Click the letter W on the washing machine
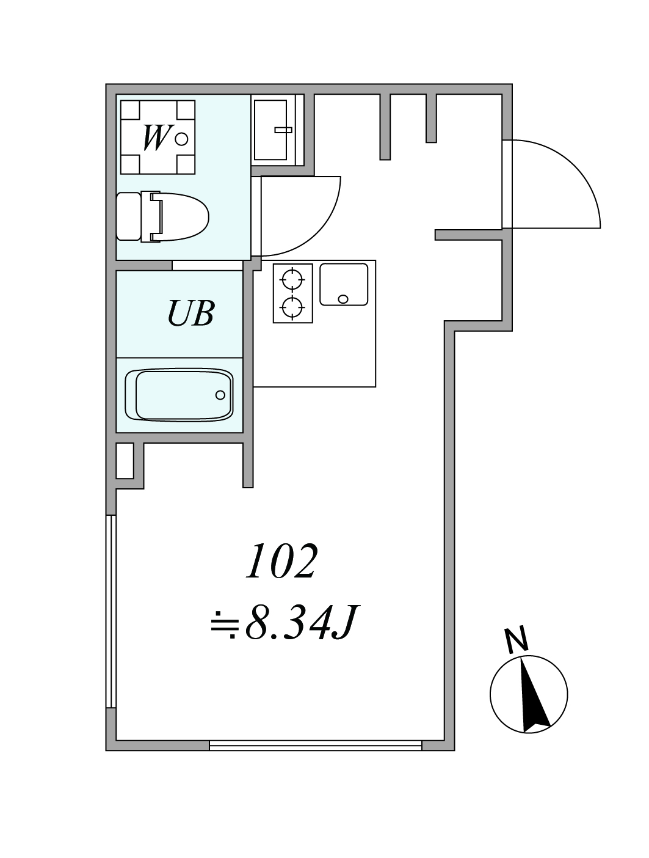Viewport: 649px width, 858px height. tap(156, 137)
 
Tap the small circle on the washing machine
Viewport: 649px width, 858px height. tap(181, 139)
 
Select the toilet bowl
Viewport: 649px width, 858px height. tap(179, 217)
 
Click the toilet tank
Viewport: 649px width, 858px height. tap(128, 216)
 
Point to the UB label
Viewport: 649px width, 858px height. tap(191, 313)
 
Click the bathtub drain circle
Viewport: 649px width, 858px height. tap(220, 395)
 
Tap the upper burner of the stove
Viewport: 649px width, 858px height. tap(293, 279)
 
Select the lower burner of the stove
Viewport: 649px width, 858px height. tap(293, 307)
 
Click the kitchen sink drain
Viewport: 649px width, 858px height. tap(343, 299)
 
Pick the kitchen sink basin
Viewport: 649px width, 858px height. tap(344, 284)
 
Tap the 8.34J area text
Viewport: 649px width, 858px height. tap(285, 622)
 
